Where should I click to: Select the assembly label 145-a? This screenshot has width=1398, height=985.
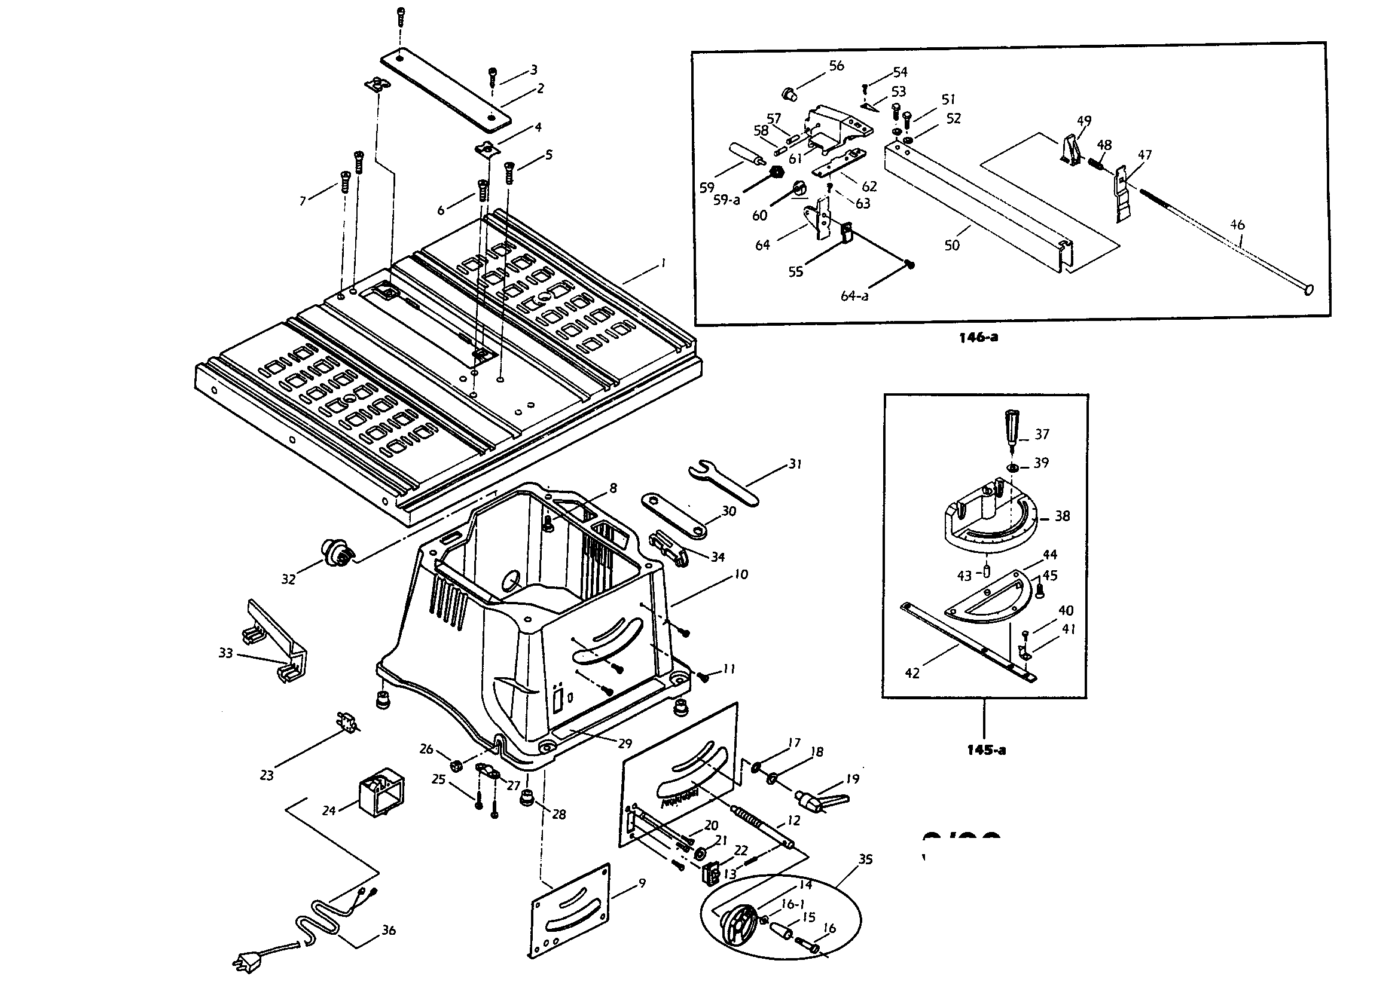coord(986,751)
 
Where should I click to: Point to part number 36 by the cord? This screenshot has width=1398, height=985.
coord(389,930)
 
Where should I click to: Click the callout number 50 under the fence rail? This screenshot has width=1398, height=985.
coord(952,244)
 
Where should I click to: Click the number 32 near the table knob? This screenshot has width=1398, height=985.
coord(288,579)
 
